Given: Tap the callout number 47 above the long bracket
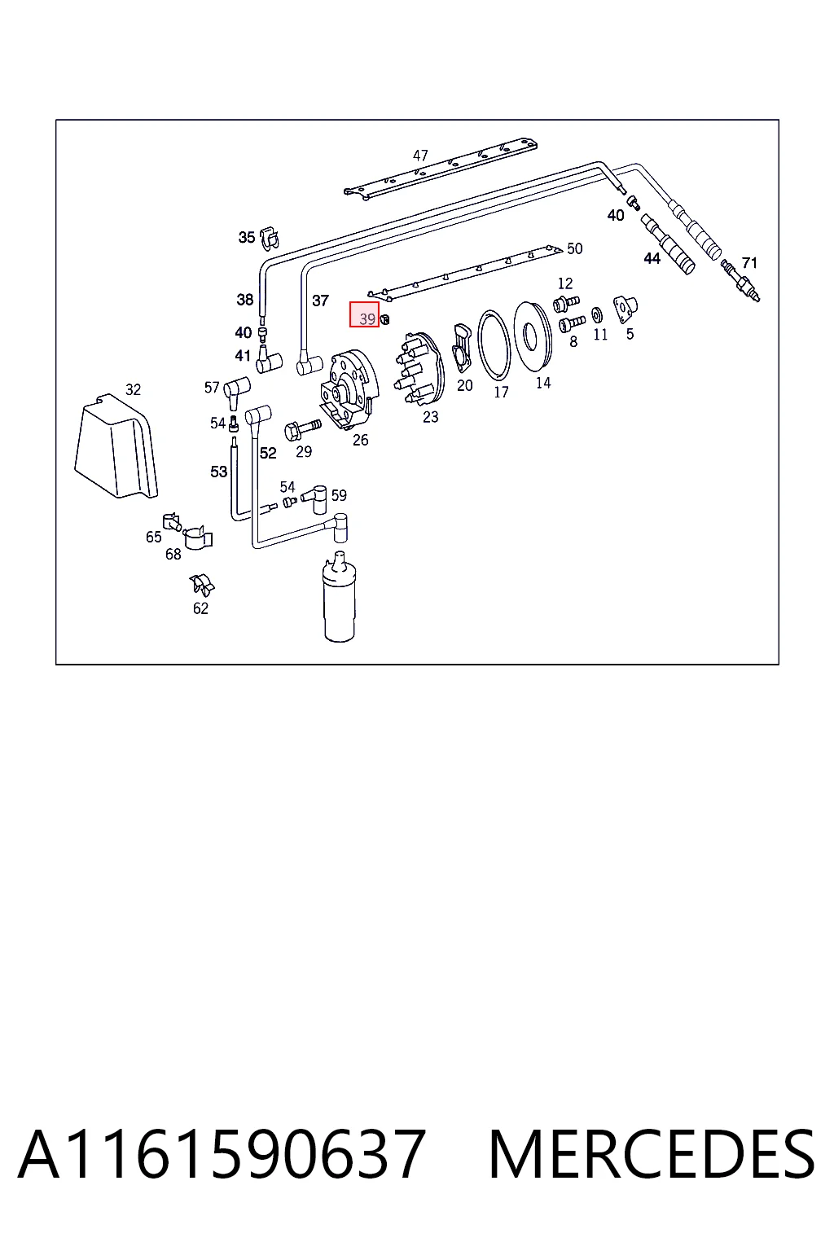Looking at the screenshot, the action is pyautogui.click(x=420, y=156).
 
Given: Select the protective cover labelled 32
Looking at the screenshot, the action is pyautogui.click(x=116, y=446).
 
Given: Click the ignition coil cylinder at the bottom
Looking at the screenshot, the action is pyautogui.click(x=339, y=597).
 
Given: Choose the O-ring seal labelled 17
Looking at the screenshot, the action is pyautogui.click(x=494, y=345).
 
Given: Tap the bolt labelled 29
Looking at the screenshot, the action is pyautogui.click(x=302, y=430).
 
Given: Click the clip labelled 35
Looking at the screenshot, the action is pyautogui.click(x=270, y=237).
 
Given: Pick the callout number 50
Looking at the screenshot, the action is pyautogui.click(x=574, y=248).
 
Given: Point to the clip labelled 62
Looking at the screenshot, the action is pyautogui.click(x=202, y=585).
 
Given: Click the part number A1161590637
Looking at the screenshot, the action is pyautogui.click(x=222, y=1154).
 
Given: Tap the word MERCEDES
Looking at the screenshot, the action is pyautogui.click(x=652, y=1154).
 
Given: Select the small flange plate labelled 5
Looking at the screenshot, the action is pyautogui.click(x=625, y=309).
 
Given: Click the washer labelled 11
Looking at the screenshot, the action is pyautogui.click(x=597, y=315).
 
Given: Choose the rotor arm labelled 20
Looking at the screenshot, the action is pyautogui.click(x=462, y=348).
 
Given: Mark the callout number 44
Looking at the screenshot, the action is pyautogui.click(x=652, y=258).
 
